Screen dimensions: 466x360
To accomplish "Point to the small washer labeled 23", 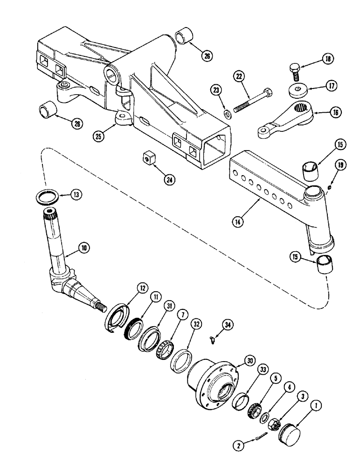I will [x=227, y=114].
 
